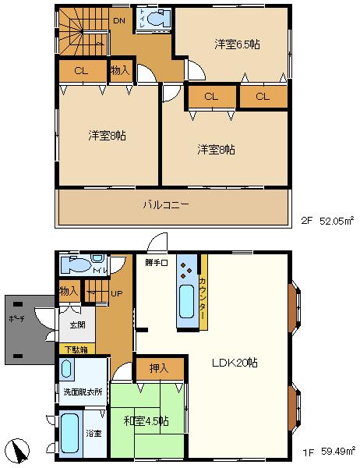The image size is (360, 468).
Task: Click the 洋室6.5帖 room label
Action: [x=237, y=45]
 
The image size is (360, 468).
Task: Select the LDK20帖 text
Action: [x=235, y=363]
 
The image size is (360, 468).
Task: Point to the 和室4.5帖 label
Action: [x=146, y=421]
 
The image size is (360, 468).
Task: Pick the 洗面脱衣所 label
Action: [x=82, y=391]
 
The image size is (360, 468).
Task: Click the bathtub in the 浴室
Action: [x=71, y=434]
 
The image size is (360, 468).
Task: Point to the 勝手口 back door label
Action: [x=156, y=263]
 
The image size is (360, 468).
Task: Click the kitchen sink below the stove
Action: [x=187, y=300]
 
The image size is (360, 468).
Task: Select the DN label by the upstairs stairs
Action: [x=118, y=20]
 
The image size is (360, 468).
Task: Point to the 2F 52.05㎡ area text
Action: [x=328, y=222]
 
